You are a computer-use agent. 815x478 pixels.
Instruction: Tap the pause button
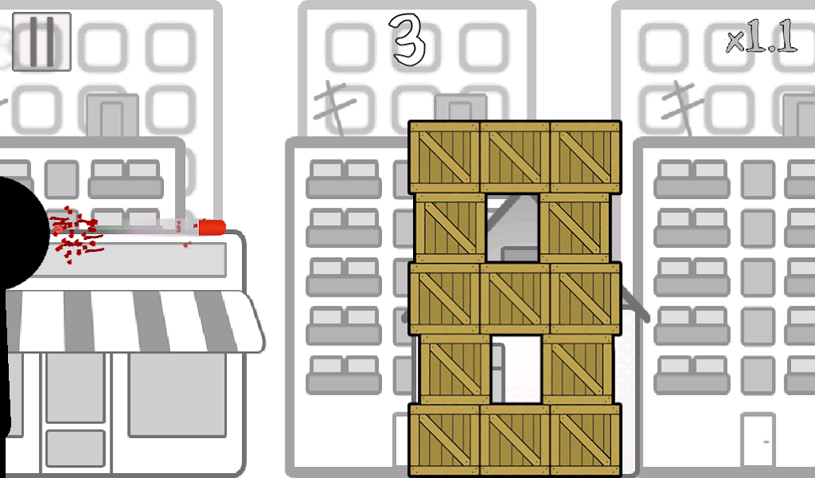[x=42, y=42]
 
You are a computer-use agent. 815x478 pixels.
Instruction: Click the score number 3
[x=407, y=40]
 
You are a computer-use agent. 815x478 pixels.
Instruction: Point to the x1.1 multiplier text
[x=761, y=36]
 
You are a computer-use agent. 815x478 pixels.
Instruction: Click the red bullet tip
[x=212, y=227]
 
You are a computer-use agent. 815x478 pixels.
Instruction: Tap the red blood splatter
[x=77, y=235]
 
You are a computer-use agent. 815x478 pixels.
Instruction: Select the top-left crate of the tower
[x=444, y=157]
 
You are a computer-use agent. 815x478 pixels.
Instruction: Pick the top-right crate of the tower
[x=586, y=157]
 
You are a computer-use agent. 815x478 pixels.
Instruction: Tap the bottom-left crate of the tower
[x=444, y=440]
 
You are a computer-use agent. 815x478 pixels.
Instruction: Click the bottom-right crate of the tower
[x=586, y=440]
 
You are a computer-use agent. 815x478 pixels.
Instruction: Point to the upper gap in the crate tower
[x=512, y=228]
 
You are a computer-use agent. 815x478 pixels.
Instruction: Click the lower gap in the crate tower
[x=517, y=369]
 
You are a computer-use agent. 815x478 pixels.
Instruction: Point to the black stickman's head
[x=21, y=233]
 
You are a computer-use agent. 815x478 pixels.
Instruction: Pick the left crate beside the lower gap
[x=455, y=369]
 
